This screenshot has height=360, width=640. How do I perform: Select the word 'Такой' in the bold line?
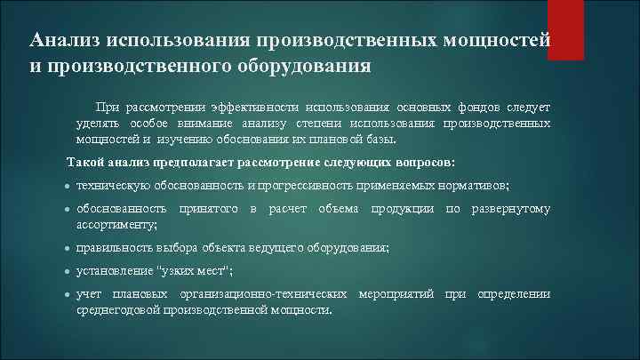pyautogui.click(x=88, y=163)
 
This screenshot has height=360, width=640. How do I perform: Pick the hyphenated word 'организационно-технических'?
pyautogui.click(x=264, y=294)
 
